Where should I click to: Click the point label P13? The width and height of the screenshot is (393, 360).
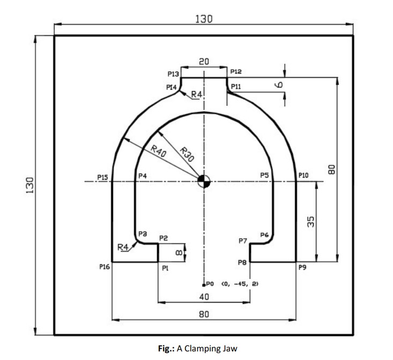pyautogui.click(x=173, y=74)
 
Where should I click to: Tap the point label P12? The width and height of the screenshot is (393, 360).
pyautogui.click(x=236, y=71)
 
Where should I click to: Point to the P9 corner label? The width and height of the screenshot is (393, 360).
pyautogui.click(x=303, y=267)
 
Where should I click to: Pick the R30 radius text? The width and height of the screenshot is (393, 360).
pyautogui.click(x=187, y=154)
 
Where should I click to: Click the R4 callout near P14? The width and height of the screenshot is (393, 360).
pyautogui.click(x=197, y=95)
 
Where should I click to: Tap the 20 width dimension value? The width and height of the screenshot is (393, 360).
pyautogui.click(x=204, y=61)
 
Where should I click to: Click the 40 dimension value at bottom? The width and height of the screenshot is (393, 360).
pyautogui.click(x=204, y=297)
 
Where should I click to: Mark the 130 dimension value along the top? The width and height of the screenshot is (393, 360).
pyautogui.click(x=204, y=18)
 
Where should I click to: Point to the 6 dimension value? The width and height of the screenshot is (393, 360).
pyautogui.click(x=279, y=84)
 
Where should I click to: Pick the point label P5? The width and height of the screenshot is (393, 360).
pyautogui.click(x=264, y=175)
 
